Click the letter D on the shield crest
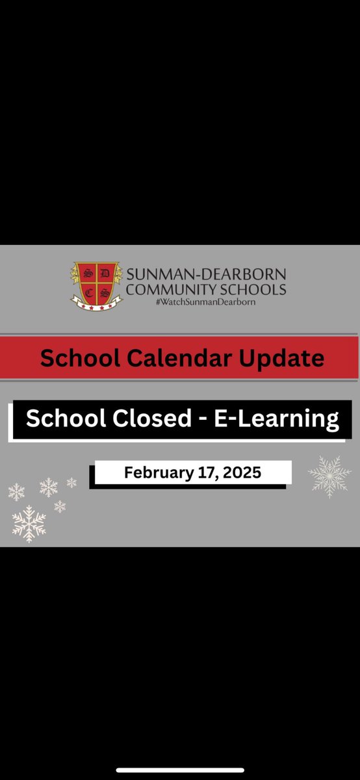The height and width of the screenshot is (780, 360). pyautogui.click(x=103, y=272)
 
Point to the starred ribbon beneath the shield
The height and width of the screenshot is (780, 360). pyautogui.click(x=96, y=304)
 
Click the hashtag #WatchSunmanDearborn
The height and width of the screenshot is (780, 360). pyautogui.click(x=206, y=302)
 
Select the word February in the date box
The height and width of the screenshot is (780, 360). pyautogui.click(x=155, y=473)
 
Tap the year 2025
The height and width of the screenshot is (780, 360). pyautogui.click(x=241, y=473)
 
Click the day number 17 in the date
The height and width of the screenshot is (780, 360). pyautogui.click(x=205, y=473)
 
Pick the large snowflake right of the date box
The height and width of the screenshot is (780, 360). pyautogui.click(x=329, y=476)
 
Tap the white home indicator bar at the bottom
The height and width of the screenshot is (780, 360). pyautogui.click(x=180, y=770)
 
